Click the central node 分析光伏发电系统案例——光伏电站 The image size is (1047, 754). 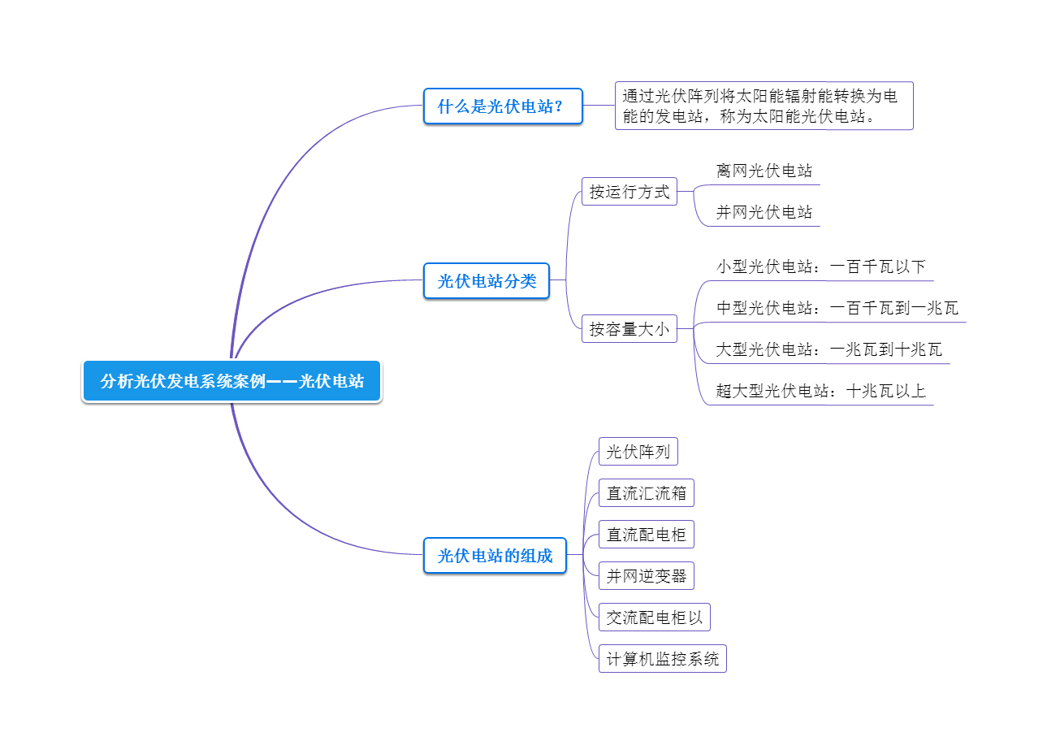(231, 381)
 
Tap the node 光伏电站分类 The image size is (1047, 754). (487, 281)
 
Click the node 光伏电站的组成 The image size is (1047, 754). (495, 556)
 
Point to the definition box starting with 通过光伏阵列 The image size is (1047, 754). (764, 106)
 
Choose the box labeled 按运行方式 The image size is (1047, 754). (629, 192)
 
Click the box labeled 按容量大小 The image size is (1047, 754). (629, 329)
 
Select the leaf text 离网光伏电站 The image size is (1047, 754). (764, 171)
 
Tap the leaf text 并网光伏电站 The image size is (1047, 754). (764, 212)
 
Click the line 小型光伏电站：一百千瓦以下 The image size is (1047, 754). (820, 266)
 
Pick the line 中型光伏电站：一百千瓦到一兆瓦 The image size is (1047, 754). (837, 308)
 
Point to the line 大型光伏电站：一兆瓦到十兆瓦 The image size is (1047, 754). (829, 349)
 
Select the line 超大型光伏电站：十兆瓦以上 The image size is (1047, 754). (820, 391)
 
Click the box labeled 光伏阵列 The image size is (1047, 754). (638, 452)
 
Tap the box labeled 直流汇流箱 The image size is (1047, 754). (646, 493)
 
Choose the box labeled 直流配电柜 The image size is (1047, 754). (646, 535)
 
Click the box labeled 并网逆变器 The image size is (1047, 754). (646, 576)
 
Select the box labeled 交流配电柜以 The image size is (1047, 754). (654, 617)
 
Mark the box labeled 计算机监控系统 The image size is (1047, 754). (662, 659)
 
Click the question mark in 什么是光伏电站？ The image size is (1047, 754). (558, 106)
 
